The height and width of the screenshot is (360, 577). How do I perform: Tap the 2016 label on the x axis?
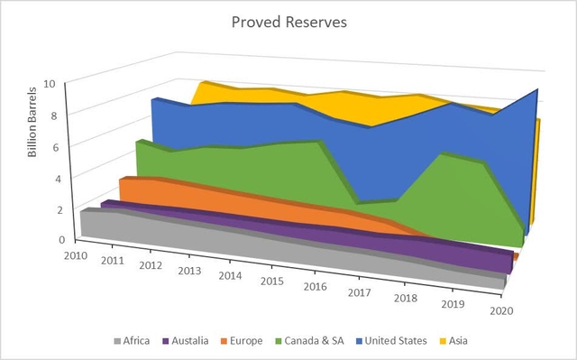pyautogui.click(x=316, y=286)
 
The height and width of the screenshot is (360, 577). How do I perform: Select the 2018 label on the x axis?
pyautogui.click(x=405, y=297)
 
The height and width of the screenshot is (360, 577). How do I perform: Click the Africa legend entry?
pyautogui.click(x=135, y=341)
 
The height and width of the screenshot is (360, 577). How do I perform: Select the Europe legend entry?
pyautogui.click(x=243, y=341)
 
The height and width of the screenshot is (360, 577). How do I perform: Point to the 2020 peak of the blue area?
pyautogui.click(x=538, y=91)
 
